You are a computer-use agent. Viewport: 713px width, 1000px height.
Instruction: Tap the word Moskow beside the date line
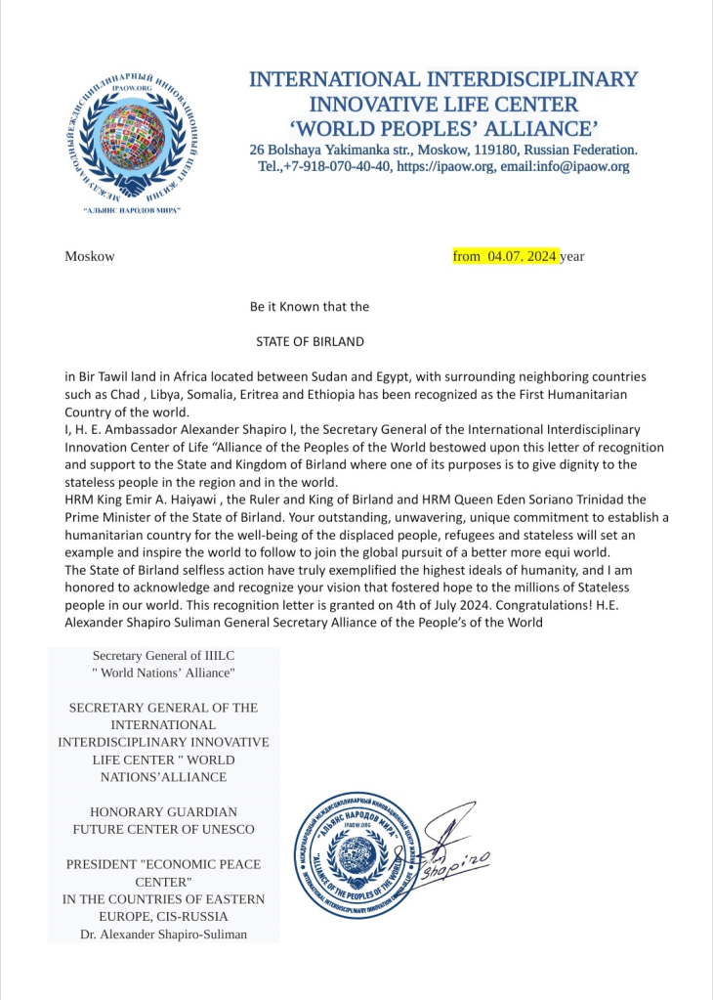(90, 256)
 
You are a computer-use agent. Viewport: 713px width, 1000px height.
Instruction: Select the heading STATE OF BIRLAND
(310, 342)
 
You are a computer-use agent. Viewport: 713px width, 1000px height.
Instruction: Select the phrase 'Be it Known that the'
(310, 306)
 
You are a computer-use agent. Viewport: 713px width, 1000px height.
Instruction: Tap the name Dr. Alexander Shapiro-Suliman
(163, 935)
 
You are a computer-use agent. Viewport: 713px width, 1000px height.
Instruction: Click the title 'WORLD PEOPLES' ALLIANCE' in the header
(443, 127)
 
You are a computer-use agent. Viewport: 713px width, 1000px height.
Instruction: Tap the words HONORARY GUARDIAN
(163, 811)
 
